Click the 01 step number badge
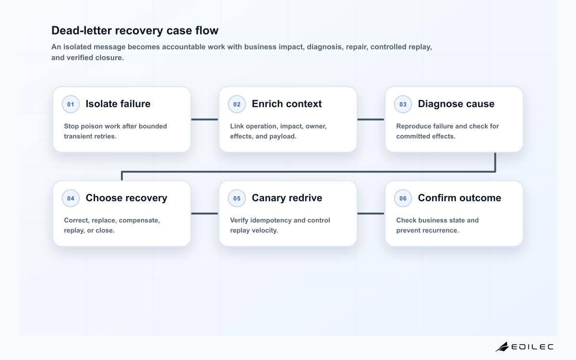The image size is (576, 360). [71, 104]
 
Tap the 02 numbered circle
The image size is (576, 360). [237, 104]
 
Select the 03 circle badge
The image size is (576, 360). [403, 104]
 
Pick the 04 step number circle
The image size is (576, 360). [71, 198]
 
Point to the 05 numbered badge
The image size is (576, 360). [237, 198]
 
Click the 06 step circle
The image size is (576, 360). [403, 198]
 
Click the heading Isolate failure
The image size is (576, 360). [118, 104]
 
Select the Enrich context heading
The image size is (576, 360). [287, 104]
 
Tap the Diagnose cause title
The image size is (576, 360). [456, 104]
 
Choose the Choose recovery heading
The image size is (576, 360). [127, 198]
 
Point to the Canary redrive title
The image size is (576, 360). [287, 198]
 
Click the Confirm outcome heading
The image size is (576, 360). [459, 198]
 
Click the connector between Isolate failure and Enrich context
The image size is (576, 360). [204, 120]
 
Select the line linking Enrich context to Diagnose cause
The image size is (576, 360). [371, 120]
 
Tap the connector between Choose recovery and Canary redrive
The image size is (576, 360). [204, 214]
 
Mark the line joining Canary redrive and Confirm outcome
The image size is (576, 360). [371, 214]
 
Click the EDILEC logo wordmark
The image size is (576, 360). [532, 347]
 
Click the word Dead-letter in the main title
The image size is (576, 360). [82, 30]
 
